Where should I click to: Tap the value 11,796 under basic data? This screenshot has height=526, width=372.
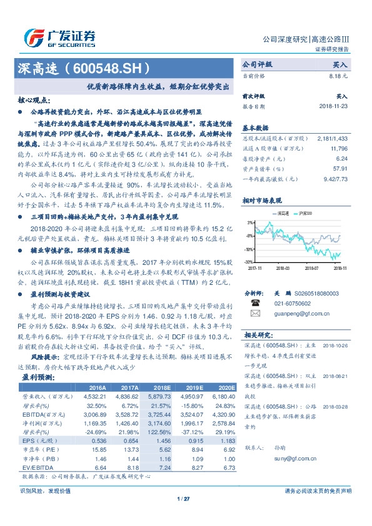coord(338,149)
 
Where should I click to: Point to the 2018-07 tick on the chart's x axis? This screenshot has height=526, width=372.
coord(313,266)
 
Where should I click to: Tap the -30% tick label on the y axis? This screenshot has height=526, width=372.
coord(249,262)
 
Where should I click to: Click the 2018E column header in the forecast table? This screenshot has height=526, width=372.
coord(162,387)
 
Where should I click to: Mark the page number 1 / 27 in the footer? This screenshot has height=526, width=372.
coord(184,499)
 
